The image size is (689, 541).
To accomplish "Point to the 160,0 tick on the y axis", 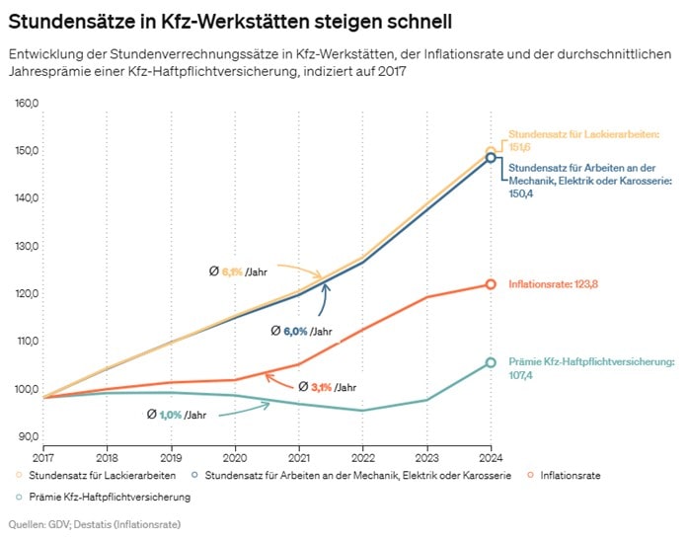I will [26, 104].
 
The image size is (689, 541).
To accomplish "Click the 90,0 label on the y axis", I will [27, 436].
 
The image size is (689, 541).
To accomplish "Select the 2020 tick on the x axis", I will [235, 456].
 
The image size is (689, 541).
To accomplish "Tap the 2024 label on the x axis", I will [490, 456].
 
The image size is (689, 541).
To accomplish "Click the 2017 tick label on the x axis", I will [43, 456].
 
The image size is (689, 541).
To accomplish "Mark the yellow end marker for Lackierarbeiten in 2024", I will [491, 151].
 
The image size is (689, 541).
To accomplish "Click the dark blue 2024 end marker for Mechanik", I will [491, 158].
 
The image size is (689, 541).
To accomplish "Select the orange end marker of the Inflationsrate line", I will [491, 284].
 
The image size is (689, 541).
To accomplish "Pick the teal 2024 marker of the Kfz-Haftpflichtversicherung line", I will [491, 362].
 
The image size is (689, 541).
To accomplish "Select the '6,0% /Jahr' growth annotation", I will [301, 332].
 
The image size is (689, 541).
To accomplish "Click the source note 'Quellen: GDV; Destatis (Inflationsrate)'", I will [95, 523].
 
